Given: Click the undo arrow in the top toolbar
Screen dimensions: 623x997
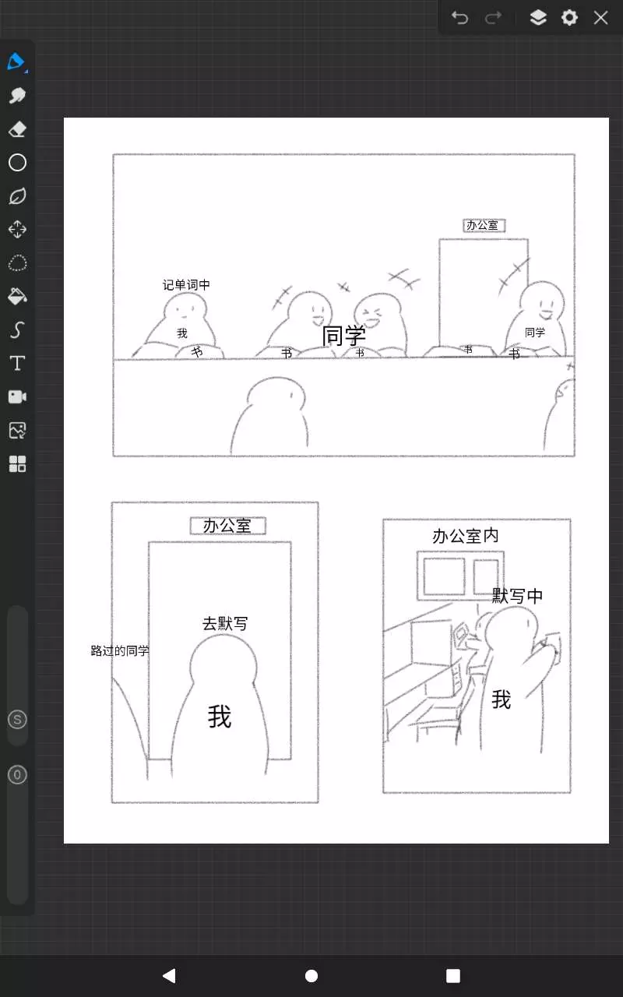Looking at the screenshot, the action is click(459, 18).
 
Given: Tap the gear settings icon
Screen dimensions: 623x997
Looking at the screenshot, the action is click(569, 18).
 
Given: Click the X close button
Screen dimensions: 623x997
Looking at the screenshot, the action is click(600, 18).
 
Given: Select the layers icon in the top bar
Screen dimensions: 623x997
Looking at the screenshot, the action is click(538, 18).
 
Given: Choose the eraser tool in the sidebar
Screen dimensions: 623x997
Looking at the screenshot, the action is click(17, 129).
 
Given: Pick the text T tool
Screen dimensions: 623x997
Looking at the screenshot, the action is click(17, 363).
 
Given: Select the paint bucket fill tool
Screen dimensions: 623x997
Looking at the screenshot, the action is click(17, 297).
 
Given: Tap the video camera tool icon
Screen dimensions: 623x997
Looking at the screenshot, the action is click(17, 396).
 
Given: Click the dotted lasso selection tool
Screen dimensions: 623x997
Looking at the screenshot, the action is click(17, 263).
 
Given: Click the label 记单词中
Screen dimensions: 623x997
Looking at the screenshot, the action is click(186, 285).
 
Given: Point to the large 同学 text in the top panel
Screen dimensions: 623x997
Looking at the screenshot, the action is click(343, 336).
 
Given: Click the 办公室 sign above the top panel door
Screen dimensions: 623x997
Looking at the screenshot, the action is click(484, 225).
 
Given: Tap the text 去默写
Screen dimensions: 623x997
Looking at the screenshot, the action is click(225, 624).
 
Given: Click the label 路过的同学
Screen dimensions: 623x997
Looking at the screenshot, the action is click(120, 650).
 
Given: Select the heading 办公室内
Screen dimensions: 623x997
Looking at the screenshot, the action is click(465, 536).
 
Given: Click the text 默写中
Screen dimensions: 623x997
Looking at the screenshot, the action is click(517, 596).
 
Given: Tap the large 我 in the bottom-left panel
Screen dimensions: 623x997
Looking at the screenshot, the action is click(220, 716).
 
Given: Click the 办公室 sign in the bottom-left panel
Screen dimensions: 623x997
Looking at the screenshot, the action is click(228, 526).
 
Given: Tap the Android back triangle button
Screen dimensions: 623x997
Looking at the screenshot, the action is click(169, 976).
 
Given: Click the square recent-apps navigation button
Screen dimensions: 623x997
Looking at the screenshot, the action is click(453, 976).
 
